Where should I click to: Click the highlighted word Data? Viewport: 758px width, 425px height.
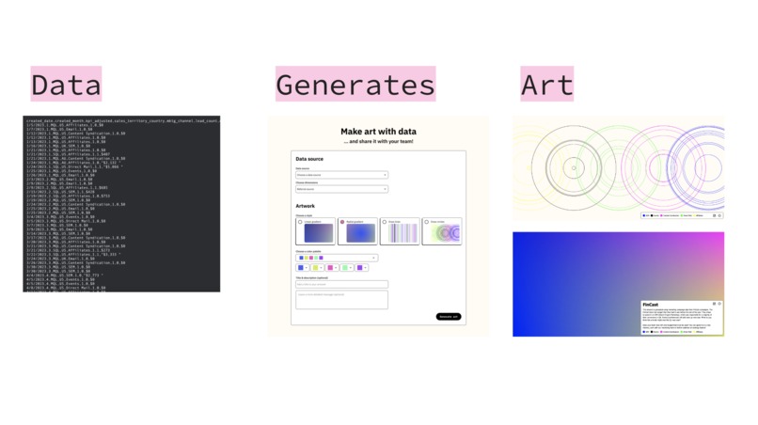[x=66, y=86]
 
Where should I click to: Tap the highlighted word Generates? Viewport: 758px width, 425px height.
[x=355, y=86]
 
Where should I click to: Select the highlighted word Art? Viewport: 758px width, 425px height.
[x=546, y=86]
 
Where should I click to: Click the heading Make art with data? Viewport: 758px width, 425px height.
[x=378, y=131]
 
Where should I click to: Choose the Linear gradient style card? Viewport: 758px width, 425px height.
[x=316, y=231]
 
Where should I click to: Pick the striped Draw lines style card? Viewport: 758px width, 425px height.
[x=400, y=231]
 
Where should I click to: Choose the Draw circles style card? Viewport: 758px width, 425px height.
[x=442, y=231]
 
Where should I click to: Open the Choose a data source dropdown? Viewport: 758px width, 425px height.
[x=341, y=175]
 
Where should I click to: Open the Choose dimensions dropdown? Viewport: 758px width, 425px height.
[x=341, y=189]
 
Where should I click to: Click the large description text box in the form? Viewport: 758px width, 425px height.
[x=341, y=299]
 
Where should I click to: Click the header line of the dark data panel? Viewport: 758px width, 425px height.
[x=121, y=121]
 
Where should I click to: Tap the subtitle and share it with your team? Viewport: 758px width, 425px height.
[x=378, y=142]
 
